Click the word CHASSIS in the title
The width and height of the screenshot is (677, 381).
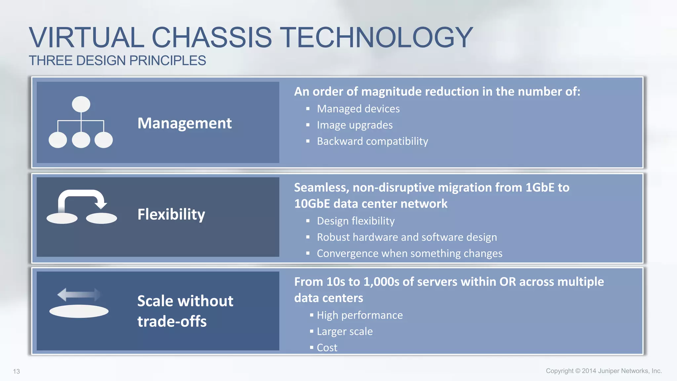pyautogui.click(x=212, y=37)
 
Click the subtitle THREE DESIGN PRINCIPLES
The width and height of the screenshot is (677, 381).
pyautogui.click(x=117, y=61)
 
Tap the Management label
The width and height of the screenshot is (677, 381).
pyautogui.click(x=184, y=123)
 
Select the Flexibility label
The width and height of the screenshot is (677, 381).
pyautogui.click(x=171, y=214)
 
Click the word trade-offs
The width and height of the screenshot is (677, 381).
pyautogui.click(x=172, y=321)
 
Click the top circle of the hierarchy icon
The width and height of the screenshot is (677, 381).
pyautogui.click(x=81, y=104)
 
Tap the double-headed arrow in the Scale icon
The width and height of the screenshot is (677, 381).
pyautogui.click(x=79, y=294)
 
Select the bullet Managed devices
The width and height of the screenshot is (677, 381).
pyautogui.click(x=358, y=109)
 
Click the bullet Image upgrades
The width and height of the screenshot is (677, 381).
pyautogui.click(x=354, y=125)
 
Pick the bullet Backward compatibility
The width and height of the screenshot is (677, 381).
pyautogui.click(x=372, y=141)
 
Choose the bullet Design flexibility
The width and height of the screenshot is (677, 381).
pyautogui.click(x=355, y=221)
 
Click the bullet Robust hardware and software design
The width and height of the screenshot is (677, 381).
pyautogui.click(x=407, y=237)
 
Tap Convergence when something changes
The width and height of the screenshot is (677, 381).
pyautogui.click(x=409, y=253)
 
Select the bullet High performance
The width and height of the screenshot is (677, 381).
pyautogui.click(x=360, y=315)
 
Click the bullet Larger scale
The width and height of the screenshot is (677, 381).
pyautogui.click(x=344, y=331)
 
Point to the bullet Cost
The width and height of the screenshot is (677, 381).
pyautogui.click(x=327, y=348)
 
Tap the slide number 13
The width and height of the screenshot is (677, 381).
pyautogui.click(x=17, y=371)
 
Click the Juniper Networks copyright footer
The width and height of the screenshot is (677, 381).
pyautogui.click(x=604, y=371)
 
